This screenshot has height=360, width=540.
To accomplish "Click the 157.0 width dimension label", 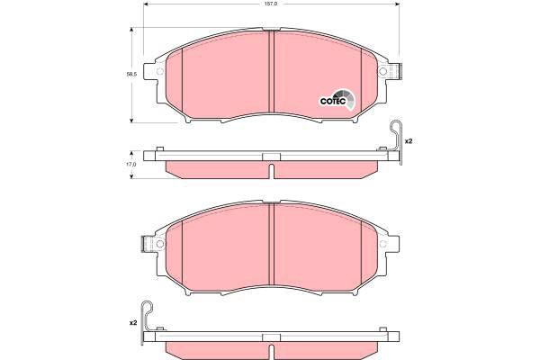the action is (x=273, y=4).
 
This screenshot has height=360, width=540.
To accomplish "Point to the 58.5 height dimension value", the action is (x=131, y=74).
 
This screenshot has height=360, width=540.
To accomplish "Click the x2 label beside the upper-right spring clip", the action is (x=409, y=141).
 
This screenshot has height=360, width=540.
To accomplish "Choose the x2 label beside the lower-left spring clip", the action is (x=133, y=323).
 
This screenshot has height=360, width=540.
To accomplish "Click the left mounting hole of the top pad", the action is (x=160, y=71).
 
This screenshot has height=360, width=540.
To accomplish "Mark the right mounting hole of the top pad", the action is (x=382, y=71).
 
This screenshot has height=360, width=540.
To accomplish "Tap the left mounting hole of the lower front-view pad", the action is (x=160, y=244).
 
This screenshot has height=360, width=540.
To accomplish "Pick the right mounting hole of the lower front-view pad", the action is (x=382, y=244).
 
